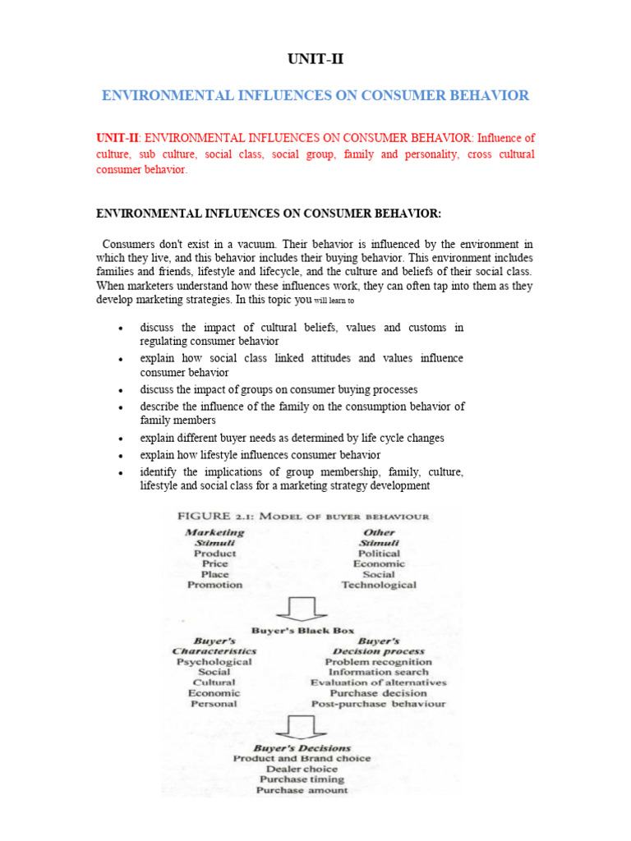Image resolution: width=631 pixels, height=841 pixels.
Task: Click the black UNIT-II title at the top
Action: point(315,58)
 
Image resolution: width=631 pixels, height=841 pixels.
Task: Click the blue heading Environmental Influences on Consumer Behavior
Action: point(315,96)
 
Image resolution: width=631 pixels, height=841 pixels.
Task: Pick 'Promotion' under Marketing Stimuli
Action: point(214,585)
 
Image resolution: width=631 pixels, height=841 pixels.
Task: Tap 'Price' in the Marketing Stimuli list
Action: point(214,564)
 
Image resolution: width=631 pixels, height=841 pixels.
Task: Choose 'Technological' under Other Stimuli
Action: point(379,585)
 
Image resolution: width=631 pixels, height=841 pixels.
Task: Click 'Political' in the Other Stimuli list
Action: point(379,554)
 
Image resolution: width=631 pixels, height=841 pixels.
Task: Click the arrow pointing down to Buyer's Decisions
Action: point(302,727)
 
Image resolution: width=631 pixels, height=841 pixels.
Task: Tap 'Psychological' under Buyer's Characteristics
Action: point(214,661)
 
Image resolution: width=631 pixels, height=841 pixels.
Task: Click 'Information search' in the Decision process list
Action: point(378,672)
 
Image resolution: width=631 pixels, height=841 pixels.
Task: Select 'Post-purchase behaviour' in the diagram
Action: point(378,704)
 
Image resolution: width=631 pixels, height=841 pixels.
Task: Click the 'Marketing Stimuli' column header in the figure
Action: point(214,538)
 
